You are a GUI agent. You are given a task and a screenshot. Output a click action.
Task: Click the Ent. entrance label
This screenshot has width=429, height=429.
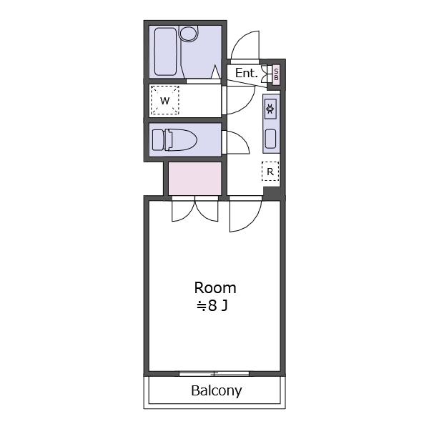[x=247, y=73]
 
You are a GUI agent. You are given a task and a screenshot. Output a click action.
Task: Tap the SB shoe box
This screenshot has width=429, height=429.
[x=276, y=74]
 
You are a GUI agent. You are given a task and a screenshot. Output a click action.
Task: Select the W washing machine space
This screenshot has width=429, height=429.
[x=164, y=100]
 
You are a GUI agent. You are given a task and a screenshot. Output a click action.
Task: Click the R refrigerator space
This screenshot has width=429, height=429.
[x=270, y=172]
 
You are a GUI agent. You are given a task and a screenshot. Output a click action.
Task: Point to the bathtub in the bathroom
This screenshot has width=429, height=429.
[x=165, y=51]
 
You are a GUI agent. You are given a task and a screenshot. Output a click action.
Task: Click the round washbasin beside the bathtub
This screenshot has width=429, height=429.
[x=188, y=34]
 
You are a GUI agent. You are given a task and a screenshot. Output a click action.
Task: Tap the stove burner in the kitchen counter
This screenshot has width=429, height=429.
[x=270, y=109]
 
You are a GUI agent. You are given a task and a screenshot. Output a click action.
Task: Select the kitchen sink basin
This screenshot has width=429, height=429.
[x=270, y=139]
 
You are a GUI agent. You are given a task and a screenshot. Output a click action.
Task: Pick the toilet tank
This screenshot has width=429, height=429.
[x=158, y=140]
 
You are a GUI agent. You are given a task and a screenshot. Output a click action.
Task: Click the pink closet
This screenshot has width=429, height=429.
[x=194, y=178]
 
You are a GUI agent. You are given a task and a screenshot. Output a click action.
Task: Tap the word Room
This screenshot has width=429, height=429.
[x=215, y=288]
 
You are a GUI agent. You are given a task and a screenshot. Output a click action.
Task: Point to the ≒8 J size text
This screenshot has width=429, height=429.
[x=212, y=305]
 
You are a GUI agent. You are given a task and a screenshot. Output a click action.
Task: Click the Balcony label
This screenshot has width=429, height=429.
[x=217, y=390]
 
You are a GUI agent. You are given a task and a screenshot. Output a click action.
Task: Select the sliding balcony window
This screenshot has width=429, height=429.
[x=214, y=374]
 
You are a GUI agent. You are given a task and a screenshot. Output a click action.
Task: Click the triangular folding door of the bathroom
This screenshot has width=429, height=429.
[x=216, y=71]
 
